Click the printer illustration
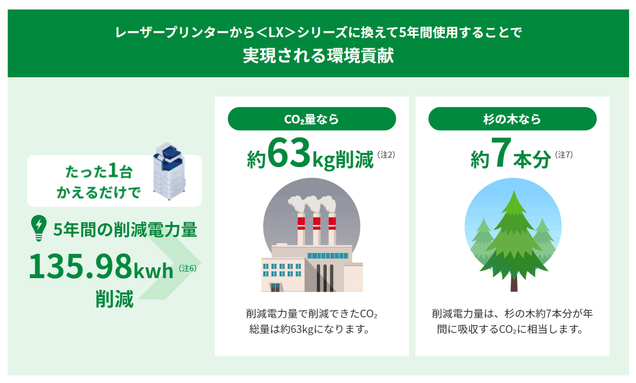(x=169, y=171)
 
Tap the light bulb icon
(x=39, y=228)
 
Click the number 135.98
(x=81, y=266)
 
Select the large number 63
(x=288, y=153)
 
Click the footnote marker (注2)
(x=386, y=155)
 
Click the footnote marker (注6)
(x=188, y=268)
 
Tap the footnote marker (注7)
(x=564, y=155)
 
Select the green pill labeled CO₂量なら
(x=312, y=119)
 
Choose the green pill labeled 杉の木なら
(x=513, y=119)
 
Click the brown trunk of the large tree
(x=514, y=283)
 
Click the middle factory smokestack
(x=316, y=229)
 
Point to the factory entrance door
(x=275, y=288)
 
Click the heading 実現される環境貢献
(x=319, y=55)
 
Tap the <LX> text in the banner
(x=276, y=32)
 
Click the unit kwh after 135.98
(x=153, y=271)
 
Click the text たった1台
(x=99, y=172)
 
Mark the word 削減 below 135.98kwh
(x=114, y=299)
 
